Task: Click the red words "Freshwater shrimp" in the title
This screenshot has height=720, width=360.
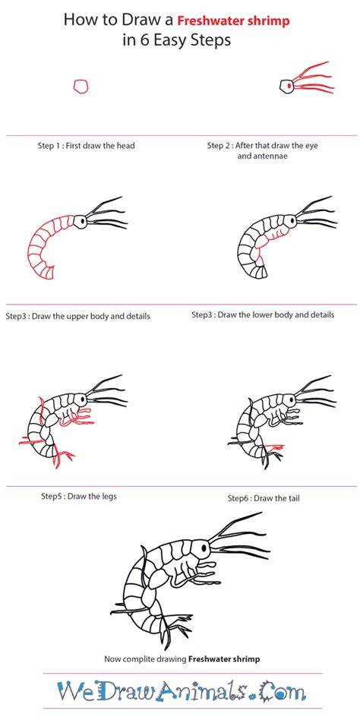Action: pyautogui.click(x=234, y=21)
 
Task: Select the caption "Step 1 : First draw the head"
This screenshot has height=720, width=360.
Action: pyautogui.click(x=87, y=146)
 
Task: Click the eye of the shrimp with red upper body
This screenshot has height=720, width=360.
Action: pyautogui.click(x=82, y=221)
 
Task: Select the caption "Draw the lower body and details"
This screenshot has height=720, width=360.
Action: pyautogui.click(x=276, y=315)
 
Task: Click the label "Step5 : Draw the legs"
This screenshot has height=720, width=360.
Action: pyautogui.click(x=79, y=497)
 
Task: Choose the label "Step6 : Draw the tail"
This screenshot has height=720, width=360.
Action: pyautogui.click(x=264, y=498)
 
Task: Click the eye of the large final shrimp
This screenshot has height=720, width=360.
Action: pyautogui.click(x=204, y=548)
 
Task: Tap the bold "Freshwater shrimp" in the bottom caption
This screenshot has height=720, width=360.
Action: pyautogui.click(x=224, y=659)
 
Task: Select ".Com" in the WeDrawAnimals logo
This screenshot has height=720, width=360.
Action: pyautogui.click(x=280, y=691)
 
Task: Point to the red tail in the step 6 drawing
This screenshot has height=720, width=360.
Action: pyautogui.click(x=275, y=446)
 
